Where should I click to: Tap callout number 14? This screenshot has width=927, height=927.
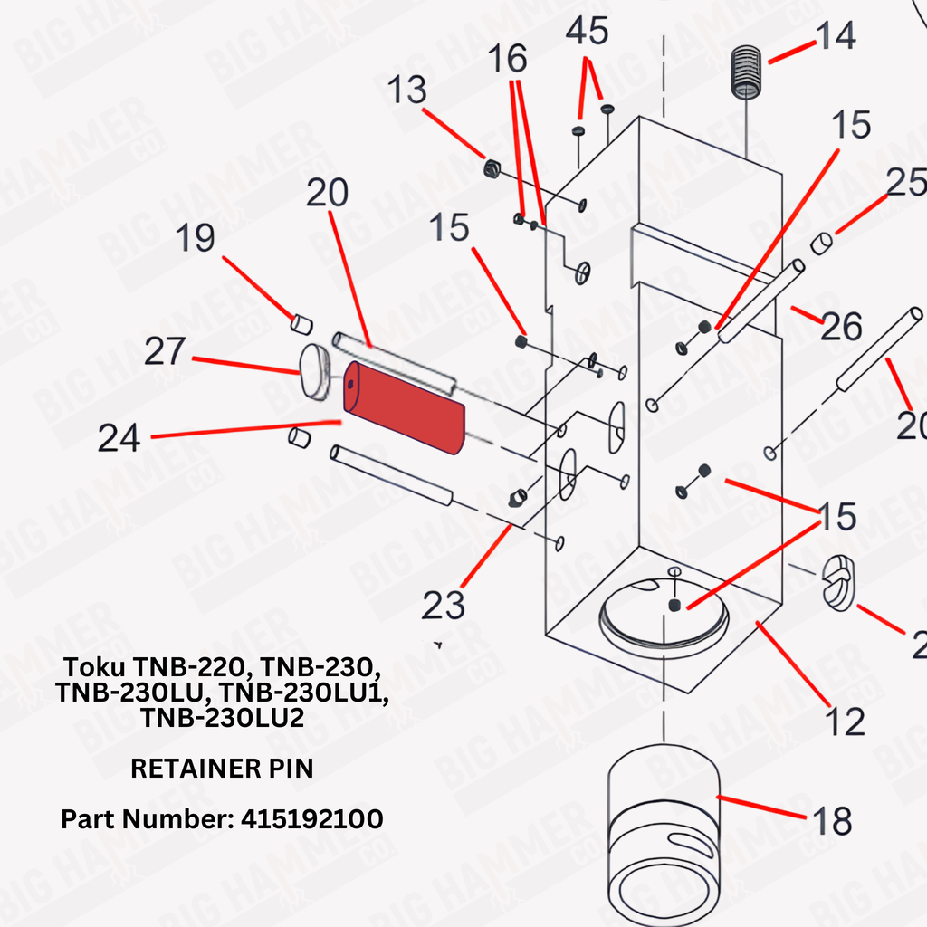pyautogui.click(x=835, y=38)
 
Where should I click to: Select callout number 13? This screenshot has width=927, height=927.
pyautogui.click(x=406, y=91)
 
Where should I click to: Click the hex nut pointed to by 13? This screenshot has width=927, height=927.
pyautogui.click(x=492, y=168)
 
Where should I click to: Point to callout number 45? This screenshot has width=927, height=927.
pyautogui.click(x=587, y=32)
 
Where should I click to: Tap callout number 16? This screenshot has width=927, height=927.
pyautogui.click(x=508, y=60)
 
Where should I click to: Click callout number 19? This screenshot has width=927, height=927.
pyautogui.click(x=195, y=238)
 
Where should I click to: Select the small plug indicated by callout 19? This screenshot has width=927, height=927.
pyautogui.click(x=301, y=321)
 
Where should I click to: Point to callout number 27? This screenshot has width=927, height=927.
pyautogui.click(x=165, y=352)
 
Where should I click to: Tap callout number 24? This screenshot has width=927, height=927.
pyautogui.click(x=119, y=439)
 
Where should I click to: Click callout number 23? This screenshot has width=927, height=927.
pyautogui.click(x=444, y=606)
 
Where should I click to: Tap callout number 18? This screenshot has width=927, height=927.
pyautogui.click(x=832, y=822)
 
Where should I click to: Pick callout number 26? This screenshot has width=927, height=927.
pyautogui.click(x=840, y=327)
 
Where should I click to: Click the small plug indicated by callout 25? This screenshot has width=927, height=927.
pyautogui.click(x=821, y=243)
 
